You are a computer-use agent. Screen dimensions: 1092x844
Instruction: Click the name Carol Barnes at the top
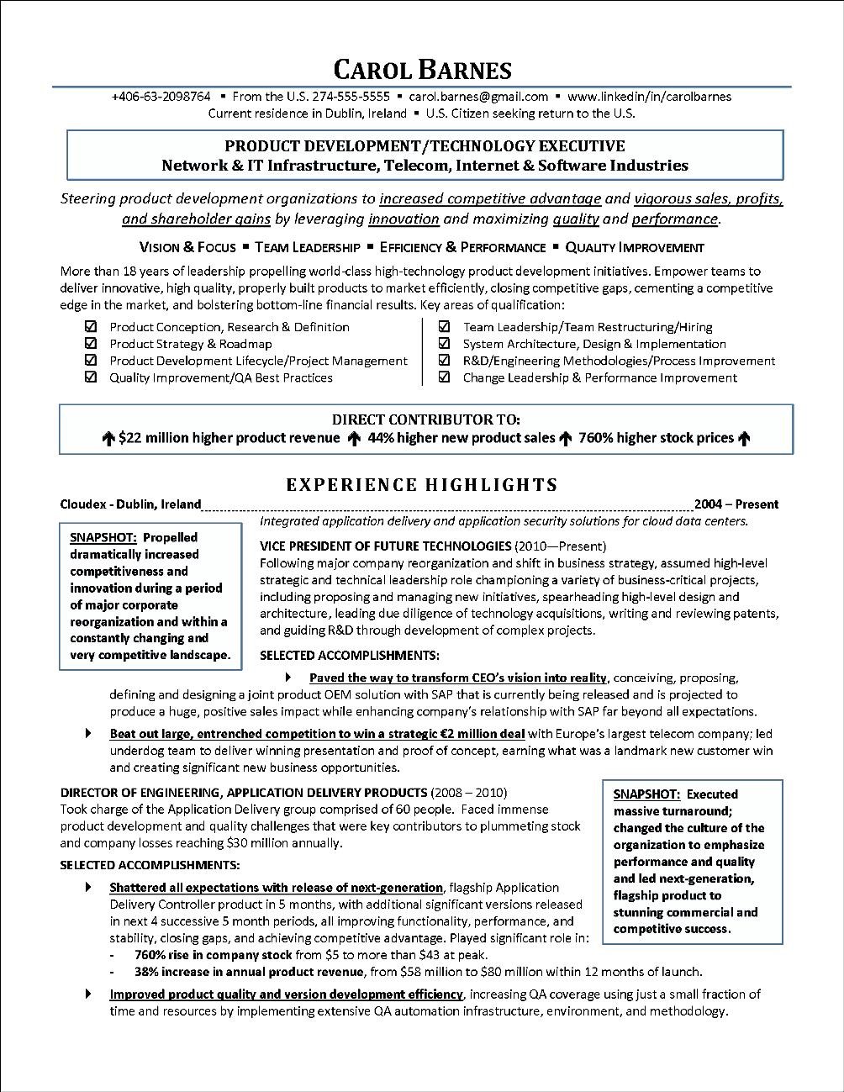click(422, 69)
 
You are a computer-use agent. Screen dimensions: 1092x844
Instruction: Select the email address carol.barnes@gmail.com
click(478, 97)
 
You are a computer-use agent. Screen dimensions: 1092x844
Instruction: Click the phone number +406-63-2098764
click(161, 97)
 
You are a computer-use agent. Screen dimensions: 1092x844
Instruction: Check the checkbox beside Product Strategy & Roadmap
click(91, 344)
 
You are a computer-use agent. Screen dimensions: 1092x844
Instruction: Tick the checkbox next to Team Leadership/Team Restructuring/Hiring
click(444, 327)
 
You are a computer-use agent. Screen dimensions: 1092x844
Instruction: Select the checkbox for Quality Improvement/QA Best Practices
click(91, 377)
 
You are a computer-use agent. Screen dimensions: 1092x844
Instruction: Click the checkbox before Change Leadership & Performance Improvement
click(444, 377)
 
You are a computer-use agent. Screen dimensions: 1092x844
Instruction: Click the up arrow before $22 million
click(108, 438)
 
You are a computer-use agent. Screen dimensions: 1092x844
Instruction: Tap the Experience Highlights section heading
click(422, 484)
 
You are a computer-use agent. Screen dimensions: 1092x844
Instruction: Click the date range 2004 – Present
click(736, 504)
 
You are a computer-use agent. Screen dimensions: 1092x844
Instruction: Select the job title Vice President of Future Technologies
click(385, 546)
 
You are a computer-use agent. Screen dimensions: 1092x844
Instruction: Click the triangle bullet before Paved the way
click(289, 678)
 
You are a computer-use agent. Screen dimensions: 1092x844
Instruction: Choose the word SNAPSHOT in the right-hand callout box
click(646, 794)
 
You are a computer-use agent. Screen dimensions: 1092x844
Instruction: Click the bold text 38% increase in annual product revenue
click(249, 972)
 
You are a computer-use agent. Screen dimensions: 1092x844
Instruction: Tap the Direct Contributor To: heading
click(425, 419)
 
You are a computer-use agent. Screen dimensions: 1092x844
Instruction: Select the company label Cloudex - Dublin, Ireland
click(130, 504)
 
